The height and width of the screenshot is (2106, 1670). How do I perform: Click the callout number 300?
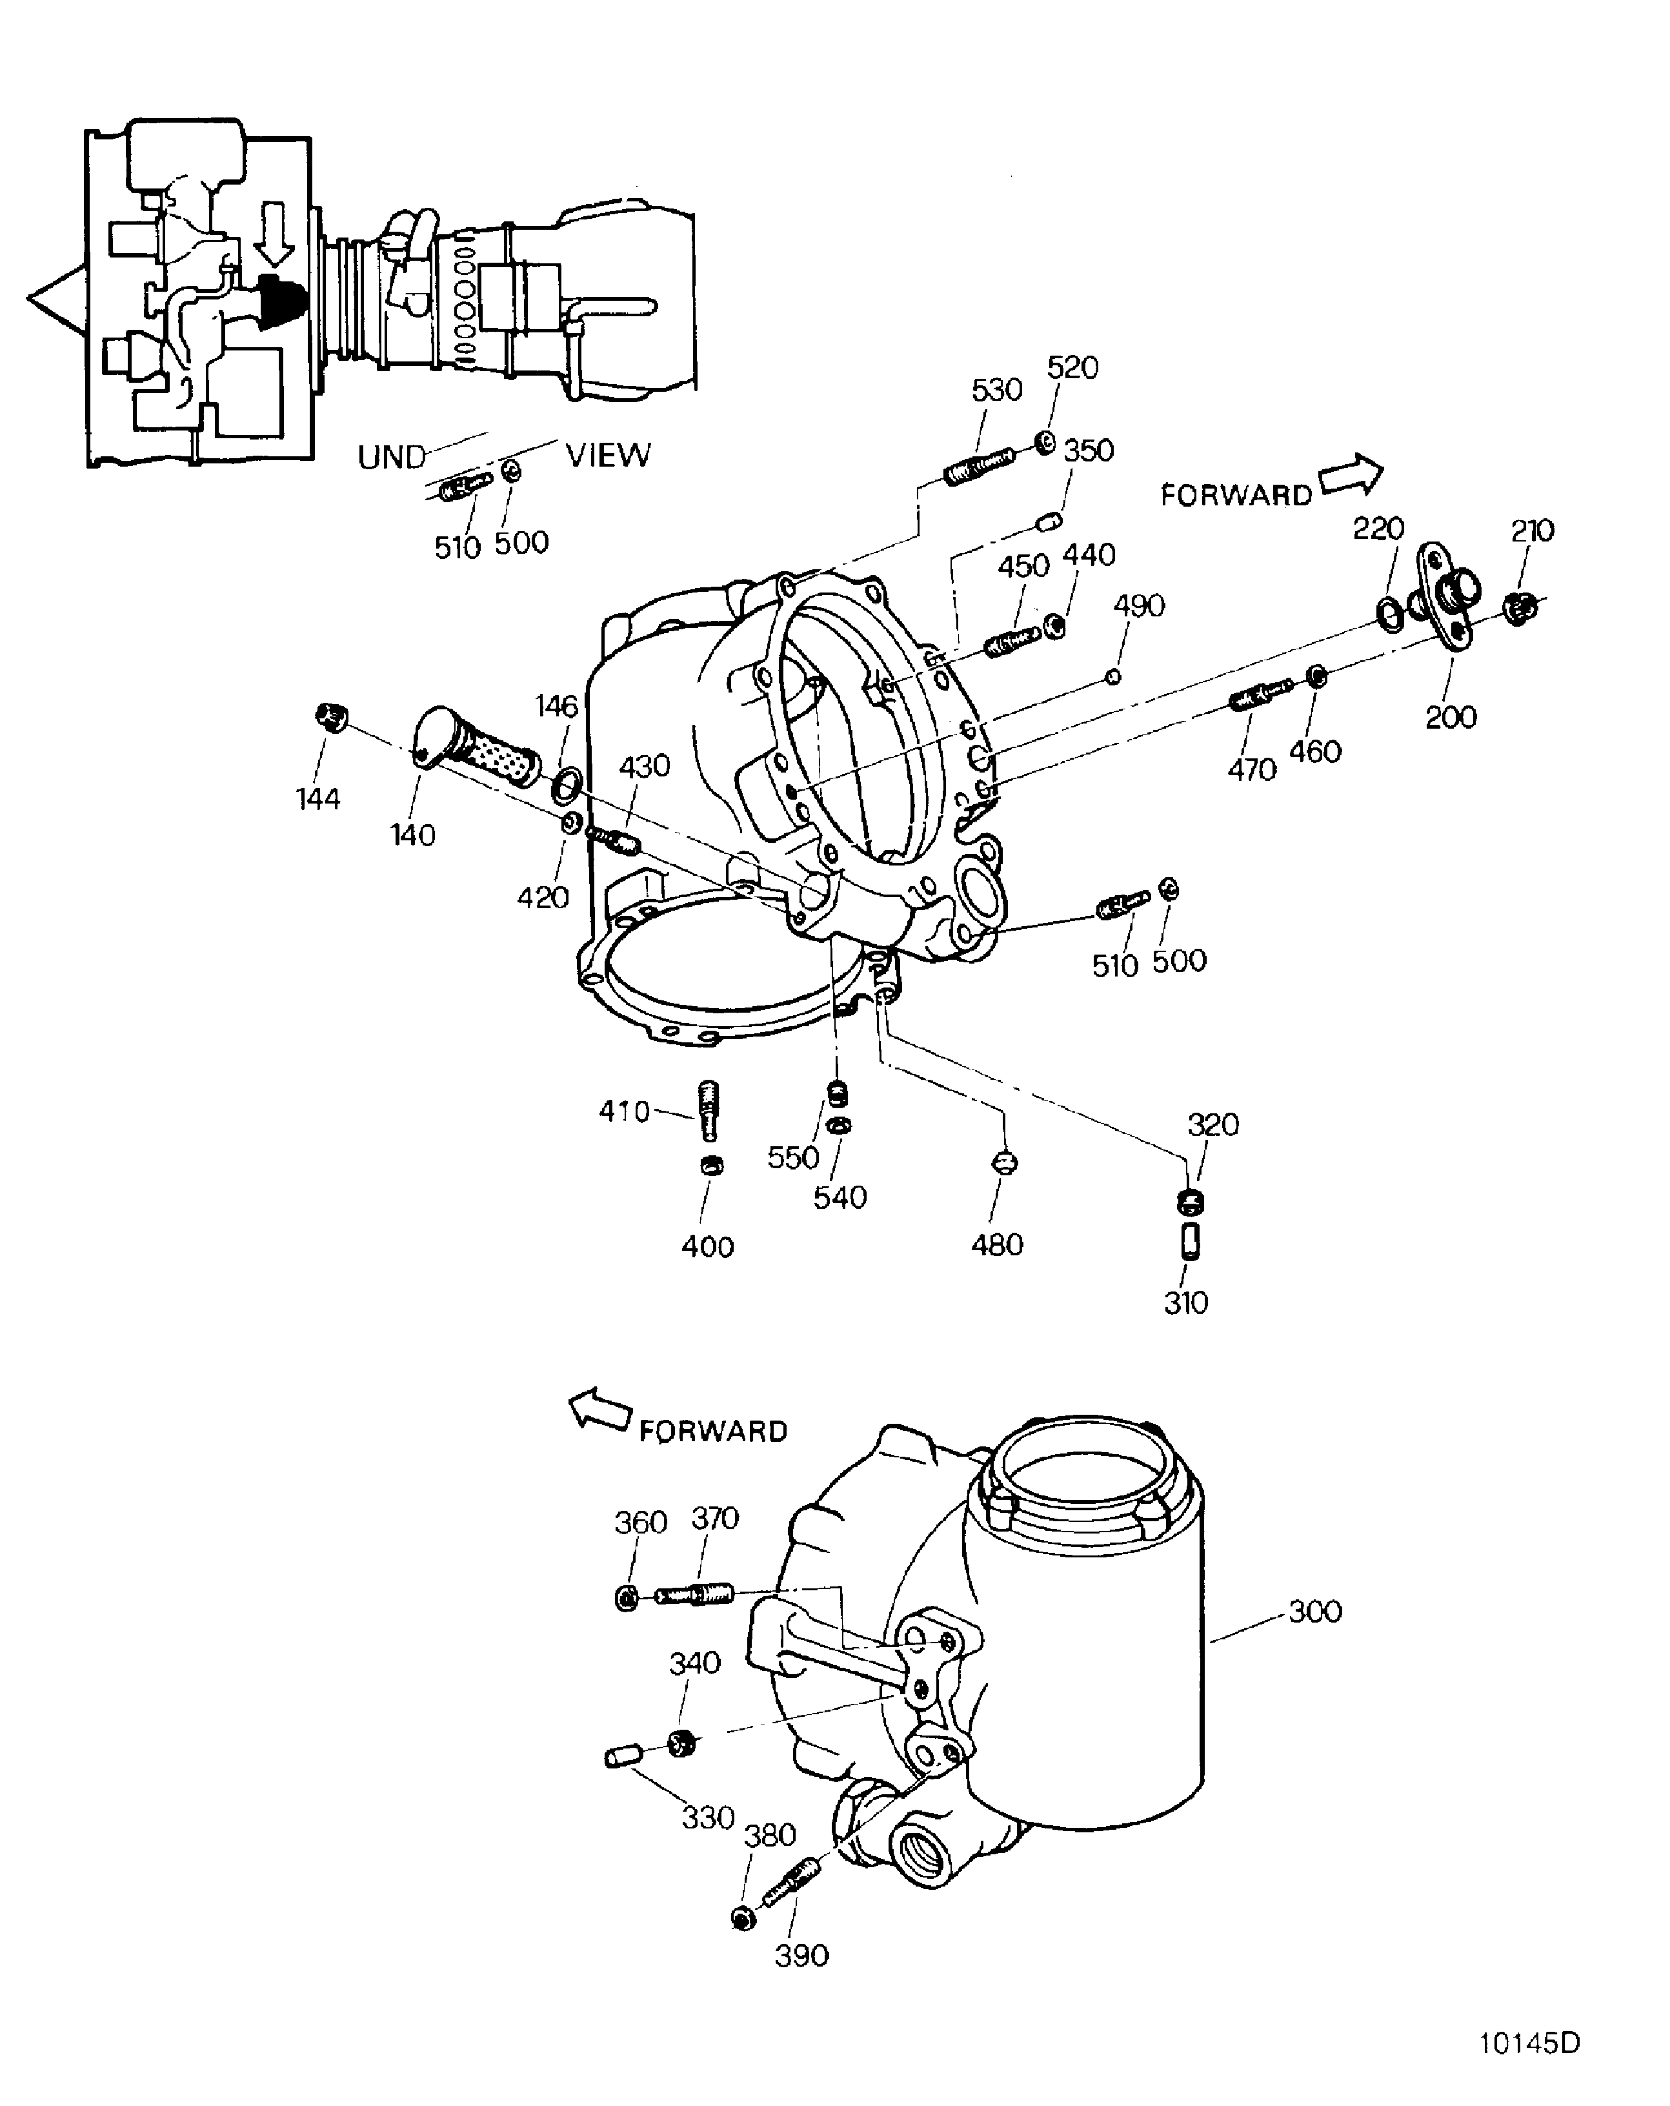1314,1611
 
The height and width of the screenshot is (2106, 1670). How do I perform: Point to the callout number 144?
317,799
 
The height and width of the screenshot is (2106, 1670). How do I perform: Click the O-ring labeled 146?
567,782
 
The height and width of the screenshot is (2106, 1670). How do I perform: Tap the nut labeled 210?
1520,609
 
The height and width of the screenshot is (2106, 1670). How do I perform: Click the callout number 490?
1139,605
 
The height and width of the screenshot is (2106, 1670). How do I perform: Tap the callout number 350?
1088,451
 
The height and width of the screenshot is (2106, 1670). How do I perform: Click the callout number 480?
996,1244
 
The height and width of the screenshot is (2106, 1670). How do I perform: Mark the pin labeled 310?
1191,1242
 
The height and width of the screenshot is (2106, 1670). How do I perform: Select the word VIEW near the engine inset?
607,455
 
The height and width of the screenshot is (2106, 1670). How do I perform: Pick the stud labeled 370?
694,1595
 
